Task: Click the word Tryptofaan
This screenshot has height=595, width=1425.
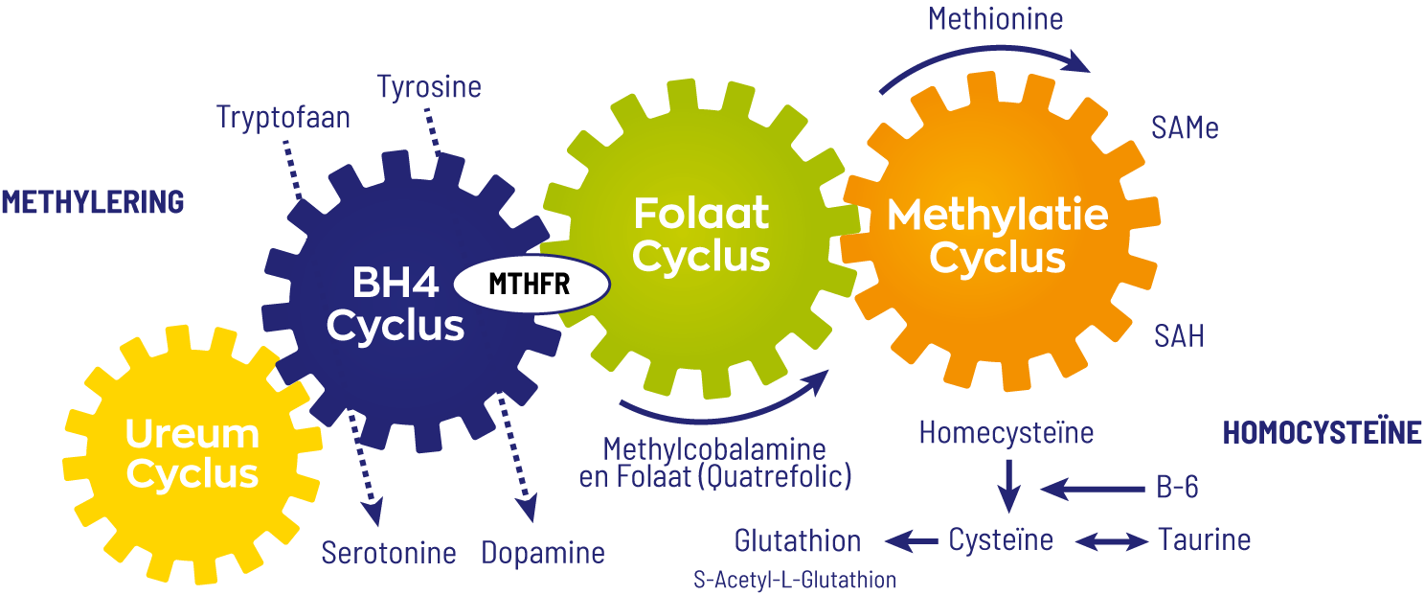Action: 283,117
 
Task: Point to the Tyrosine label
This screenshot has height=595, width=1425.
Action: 429,87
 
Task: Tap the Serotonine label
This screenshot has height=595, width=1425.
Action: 389,553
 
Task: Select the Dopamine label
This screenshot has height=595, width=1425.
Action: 543,553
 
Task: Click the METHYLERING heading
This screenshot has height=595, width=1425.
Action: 92,202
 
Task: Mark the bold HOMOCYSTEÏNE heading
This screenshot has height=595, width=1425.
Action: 1323,433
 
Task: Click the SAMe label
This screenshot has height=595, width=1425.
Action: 1186,128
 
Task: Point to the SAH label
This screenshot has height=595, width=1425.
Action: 1179,336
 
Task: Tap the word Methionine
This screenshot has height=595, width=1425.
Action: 996,19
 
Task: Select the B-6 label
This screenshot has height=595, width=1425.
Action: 1177,489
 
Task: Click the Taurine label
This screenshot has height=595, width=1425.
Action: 1204,539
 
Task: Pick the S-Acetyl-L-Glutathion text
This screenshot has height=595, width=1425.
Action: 795,580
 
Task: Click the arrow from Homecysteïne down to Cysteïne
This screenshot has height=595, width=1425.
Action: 1007,485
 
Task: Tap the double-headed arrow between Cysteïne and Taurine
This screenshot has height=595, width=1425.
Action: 1111,542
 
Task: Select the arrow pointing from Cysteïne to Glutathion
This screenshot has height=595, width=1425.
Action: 911,542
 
